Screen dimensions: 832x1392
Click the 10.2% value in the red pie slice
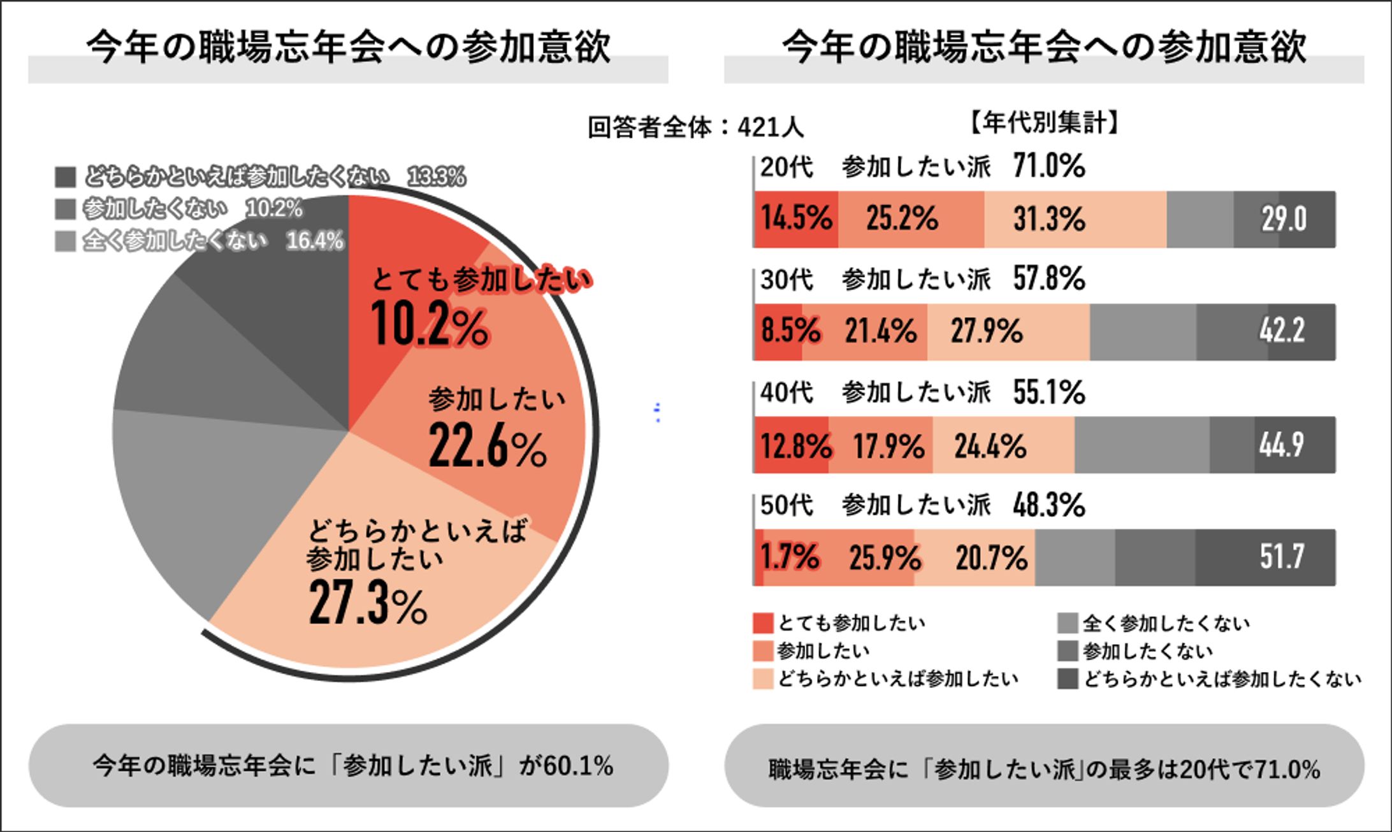point(430,324)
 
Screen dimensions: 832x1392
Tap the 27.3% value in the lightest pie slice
point(368,603)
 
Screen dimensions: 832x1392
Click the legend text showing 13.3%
point(436,176)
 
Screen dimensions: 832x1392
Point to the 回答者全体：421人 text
point(695,127)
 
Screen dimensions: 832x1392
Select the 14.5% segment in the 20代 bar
point(796,219)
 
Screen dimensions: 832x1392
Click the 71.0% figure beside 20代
point(1049,166)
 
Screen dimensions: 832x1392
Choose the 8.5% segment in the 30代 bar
point(790,331)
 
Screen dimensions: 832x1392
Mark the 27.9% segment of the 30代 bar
point(987,331)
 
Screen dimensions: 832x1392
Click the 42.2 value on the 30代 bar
point(1282,331)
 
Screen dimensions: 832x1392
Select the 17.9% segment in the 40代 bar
point(888,445)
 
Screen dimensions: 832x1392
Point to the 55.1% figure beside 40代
point(1049,392)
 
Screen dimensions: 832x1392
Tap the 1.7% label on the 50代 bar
point(790,557)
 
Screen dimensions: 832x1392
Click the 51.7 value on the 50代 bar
point(1282,557)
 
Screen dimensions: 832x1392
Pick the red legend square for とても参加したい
point(762,623)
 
